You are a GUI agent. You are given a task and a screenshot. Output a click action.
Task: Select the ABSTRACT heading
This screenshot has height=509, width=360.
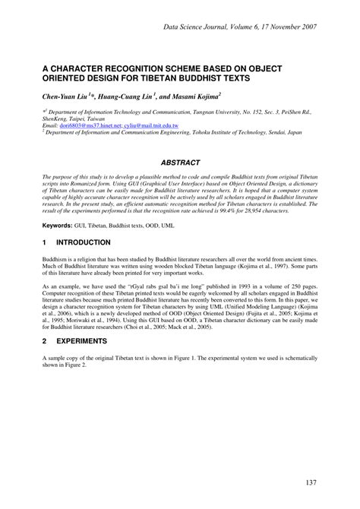(x=180, y=163)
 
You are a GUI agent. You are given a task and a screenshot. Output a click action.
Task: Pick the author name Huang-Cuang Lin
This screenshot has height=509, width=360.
(x=126, y=96)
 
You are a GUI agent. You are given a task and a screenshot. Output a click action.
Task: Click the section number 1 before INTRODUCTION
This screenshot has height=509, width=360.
(x=45, y=242)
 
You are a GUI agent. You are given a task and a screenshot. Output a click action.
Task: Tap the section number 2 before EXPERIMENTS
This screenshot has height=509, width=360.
(x=45, y=342)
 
